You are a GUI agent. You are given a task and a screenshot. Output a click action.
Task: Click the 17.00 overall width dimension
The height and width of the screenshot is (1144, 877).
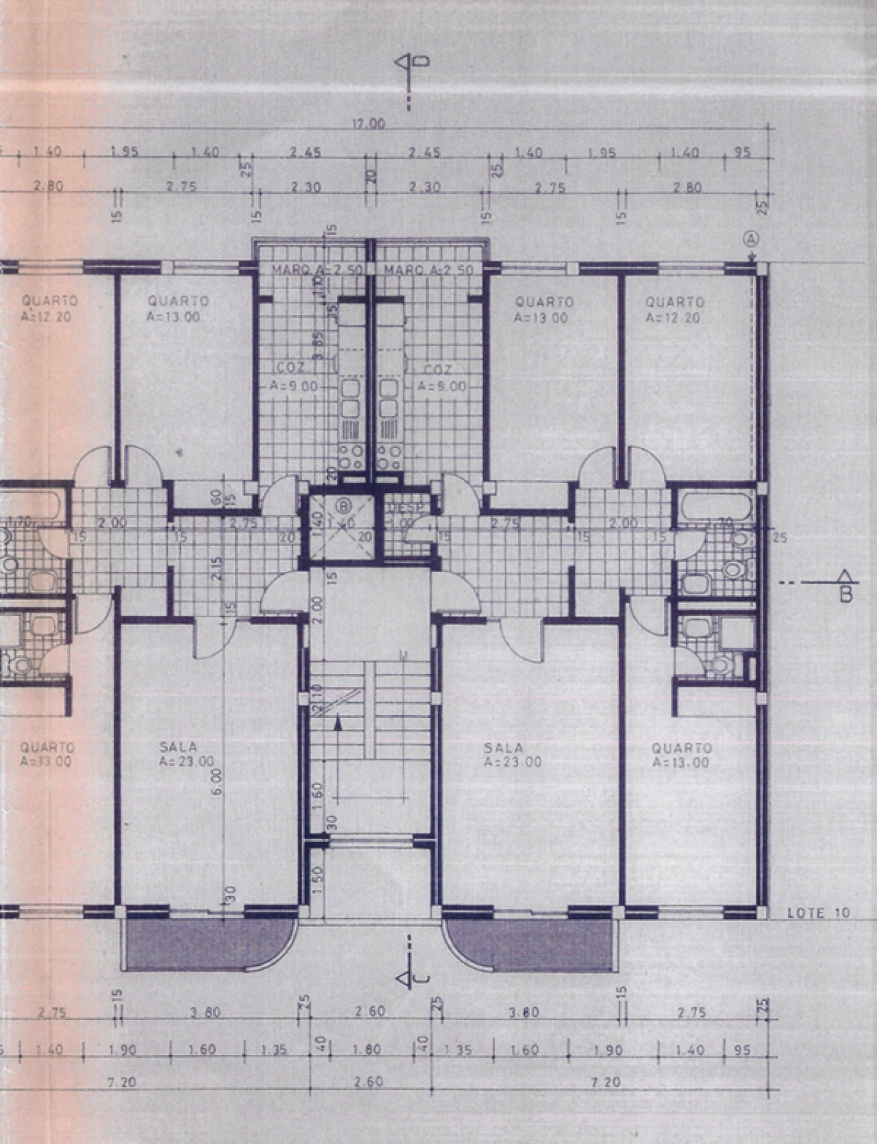tap(368, 124)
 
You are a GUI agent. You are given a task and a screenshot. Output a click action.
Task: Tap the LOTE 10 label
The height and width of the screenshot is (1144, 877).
tap(817, 912)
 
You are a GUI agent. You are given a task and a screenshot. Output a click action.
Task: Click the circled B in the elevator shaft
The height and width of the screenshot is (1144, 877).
tap(342, 506)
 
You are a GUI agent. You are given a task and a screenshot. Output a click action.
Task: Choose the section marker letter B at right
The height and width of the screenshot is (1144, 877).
tap(846, 594)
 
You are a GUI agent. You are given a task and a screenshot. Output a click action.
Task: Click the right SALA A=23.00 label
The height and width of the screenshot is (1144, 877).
tap(512, 754)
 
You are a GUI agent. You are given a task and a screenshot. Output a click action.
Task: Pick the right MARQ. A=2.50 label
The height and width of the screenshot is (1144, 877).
tap(428, 270)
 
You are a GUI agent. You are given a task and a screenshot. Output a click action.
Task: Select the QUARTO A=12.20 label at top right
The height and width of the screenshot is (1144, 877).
tap(674, 309)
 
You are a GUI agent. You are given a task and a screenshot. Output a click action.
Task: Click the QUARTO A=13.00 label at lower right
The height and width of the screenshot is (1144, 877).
tap(681, 755)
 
